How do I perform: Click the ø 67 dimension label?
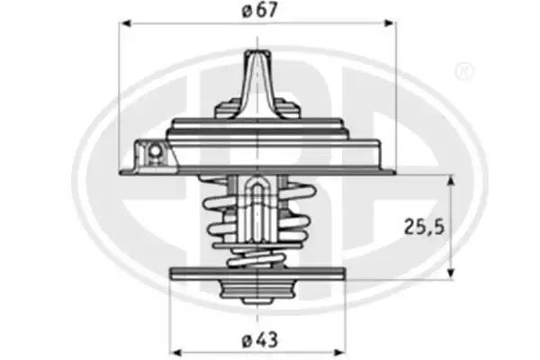259,10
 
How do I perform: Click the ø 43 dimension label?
260,341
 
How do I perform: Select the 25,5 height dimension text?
424,227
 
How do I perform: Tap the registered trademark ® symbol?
464,72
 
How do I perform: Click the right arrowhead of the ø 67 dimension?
389,23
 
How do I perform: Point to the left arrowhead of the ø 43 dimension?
176,353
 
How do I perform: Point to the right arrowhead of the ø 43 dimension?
339,353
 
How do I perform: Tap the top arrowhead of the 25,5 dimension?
451,180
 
